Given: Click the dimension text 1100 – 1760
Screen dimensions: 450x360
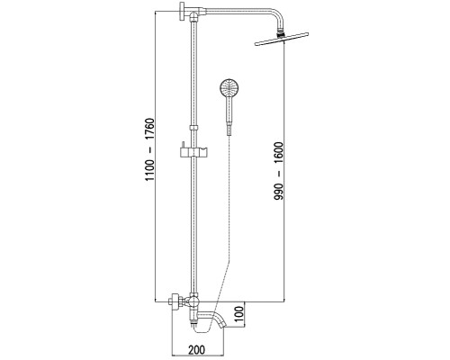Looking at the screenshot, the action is (x=149, y=149).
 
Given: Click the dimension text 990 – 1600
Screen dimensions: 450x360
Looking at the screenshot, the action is (x=278, y=171).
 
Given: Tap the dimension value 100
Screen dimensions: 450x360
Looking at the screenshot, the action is (x=238, y=314).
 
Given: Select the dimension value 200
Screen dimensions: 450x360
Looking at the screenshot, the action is (x=197, y=349).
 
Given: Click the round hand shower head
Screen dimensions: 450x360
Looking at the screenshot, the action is (x=229, y=87).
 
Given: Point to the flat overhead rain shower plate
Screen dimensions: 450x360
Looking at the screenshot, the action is (x=282, y=39).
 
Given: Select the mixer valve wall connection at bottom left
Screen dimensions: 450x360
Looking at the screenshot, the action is (x=176, y=301).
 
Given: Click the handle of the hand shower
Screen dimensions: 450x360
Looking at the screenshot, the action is (x=229, y=110).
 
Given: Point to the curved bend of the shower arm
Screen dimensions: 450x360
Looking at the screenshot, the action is (x=277, y=15).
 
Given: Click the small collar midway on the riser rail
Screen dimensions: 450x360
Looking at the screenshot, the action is (x=194, y=128).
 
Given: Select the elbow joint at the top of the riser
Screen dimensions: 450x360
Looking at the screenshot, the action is (x=194, y=15).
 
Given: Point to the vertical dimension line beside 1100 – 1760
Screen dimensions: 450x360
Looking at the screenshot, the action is (x=155, y=156).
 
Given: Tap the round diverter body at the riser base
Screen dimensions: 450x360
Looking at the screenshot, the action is (x=193, y=301).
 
